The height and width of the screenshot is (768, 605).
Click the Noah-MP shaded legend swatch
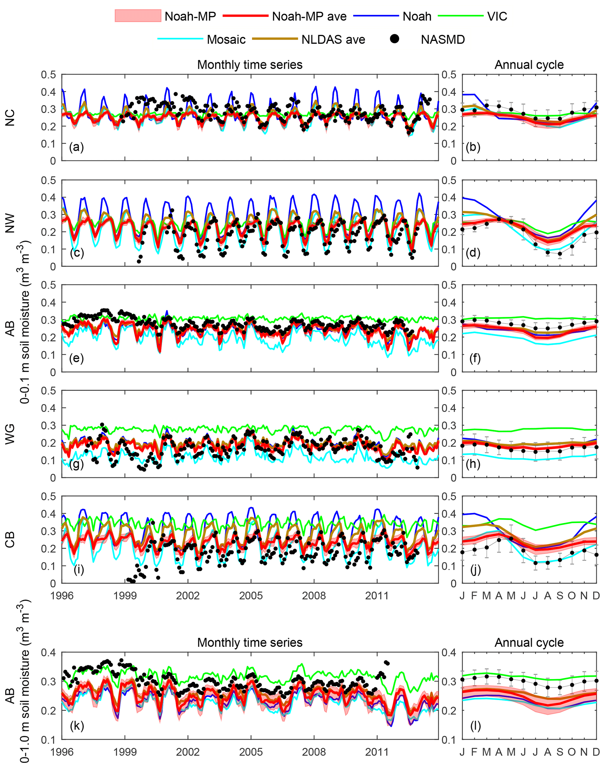click(138, 16)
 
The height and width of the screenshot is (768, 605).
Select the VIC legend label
click(497, 16)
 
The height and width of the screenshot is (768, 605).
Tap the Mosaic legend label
click(226, 39)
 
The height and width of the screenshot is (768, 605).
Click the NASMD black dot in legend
click(394, 39)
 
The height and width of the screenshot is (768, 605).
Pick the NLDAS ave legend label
click(333, 39)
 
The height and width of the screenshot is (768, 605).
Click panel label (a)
click(76, 147)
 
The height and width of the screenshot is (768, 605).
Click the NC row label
click(10, 118)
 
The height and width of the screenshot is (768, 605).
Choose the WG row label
click(10, 434)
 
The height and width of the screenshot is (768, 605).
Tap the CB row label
click(10, 540)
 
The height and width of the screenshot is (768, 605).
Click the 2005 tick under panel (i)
click(251, 595)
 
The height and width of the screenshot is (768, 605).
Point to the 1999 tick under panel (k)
click(125, 751)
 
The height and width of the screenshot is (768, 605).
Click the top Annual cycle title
click(529, 65)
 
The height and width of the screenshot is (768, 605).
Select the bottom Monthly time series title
click(250, 643)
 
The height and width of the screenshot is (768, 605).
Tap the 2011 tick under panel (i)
click(377, 595)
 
